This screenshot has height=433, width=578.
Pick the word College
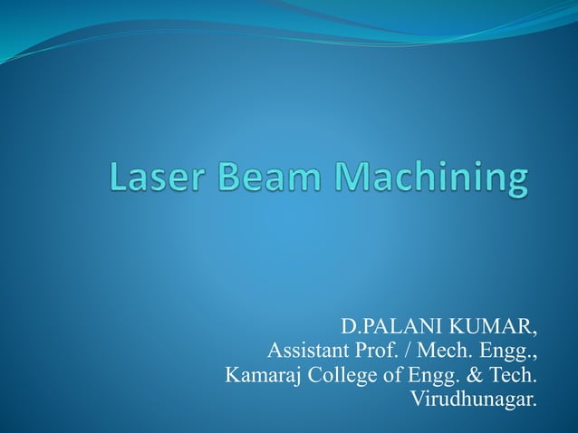[342, 374]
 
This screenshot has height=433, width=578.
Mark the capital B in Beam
[229, 177]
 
